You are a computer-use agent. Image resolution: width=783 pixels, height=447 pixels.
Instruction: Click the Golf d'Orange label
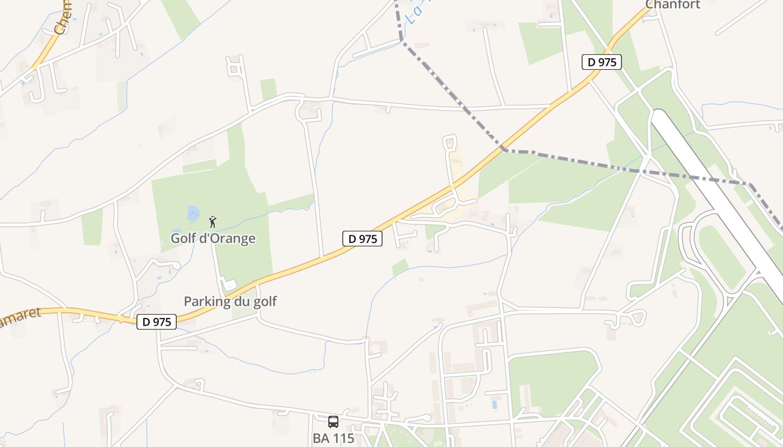click(213, 239)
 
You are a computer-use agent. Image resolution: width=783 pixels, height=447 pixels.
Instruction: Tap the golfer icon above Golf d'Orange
click(212, 222)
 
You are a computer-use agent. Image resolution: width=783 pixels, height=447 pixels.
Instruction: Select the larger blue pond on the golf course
click(193, 213)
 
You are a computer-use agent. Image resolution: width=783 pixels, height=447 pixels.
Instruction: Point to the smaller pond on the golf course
click(176, 230)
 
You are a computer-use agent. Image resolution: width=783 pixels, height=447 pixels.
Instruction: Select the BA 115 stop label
click(333, 438)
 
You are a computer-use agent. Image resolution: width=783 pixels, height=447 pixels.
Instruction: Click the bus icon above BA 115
click(333, 422)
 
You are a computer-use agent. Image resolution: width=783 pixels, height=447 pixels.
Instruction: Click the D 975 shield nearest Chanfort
click(602, 62)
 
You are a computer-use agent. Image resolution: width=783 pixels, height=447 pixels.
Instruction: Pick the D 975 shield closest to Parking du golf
click(157, 321)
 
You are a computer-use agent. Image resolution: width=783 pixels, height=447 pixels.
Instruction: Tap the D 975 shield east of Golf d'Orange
click(362, 239)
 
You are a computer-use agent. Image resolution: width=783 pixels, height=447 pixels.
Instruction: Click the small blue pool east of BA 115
click(493, 403)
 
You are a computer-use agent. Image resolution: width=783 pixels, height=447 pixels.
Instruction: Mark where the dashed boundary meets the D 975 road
click(503, 149)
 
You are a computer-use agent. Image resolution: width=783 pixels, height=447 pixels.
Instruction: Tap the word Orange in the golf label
click(232, 239)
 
